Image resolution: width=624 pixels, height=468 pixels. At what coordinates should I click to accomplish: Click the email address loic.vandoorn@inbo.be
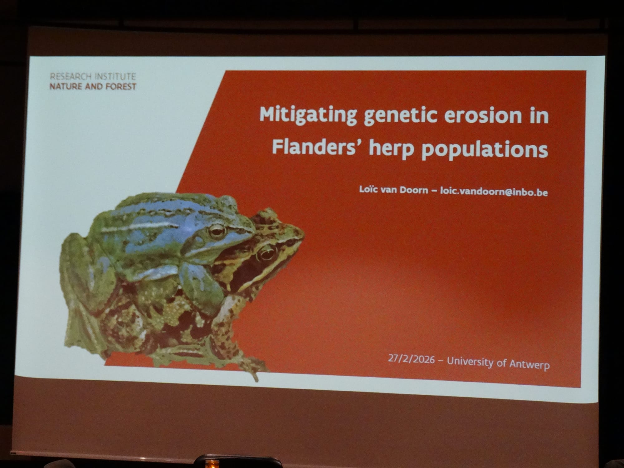494,192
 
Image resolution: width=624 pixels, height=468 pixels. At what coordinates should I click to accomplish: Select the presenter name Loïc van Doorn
393,190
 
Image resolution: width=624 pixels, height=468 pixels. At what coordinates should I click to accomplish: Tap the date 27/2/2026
411,359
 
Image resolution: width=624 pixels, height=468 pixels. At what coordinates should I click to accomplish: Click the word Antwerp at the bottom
529,364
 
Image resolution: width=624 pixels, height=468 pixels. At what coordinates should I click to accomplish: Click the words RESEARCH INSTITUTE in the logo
93,76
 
